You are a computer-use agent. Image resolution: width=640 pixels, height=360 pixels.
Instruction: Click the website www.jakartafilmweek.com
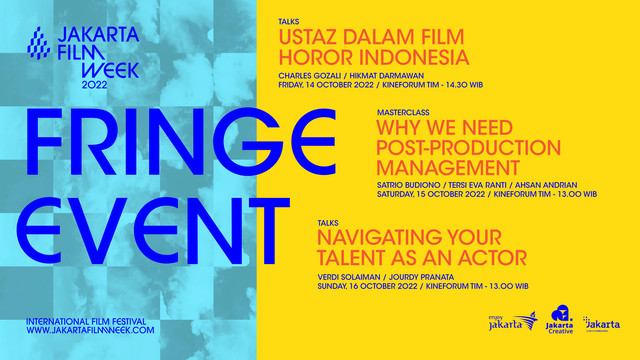coord(92,330)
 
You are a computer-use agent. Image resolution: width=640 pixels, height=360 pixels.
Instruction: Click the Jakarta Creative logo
coord(557,321)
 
